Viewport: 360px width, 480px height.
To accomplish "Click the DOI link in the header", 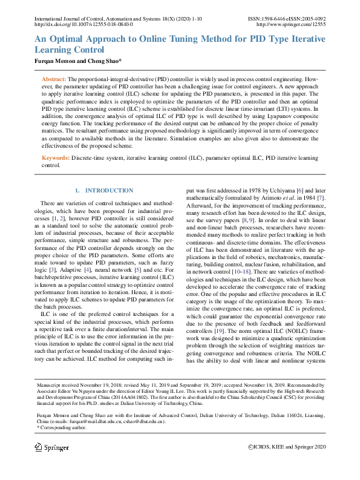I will (x=84, y=25).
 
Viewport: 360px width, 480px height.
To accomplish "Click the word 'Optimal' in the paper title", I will (x=74, y=39).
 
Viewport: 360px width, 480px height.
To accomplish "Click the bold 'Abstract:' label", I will (x=53, y=80).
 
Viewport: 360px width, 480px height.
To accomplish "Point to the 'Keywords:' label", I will (x=55, y=157).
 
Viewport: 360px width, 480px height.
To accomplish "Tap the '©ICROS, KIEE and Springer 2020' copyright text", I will (x=287, y=447).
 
